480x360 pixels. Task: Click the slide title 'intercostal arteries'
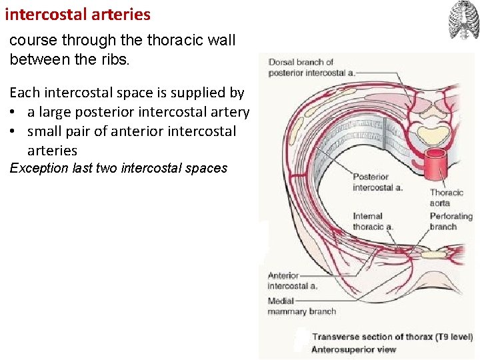coord(77,14)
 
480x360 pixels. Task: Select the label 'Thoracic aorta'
coord(446,197)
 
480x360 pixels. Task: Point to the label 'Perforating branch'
coord(451,221)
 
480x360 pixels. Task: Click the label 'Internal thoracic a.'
coord(373,221)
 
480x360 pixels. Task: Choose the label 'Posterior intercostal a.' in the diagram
coord(377,182)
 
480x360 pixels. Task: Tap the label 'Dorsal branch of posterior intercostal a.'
coord(311,67)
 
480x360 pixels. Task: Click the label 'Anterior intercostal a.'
coord(292,281)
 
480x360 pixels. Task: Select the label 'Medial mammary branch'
coord(301,306)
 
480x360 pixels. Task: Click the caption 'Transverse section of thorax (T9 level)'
coord(392,337)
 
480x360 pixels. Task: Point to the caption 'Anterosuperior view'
coord(353,349)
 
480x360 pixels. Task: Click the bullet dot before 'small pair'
coord(14,132)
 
